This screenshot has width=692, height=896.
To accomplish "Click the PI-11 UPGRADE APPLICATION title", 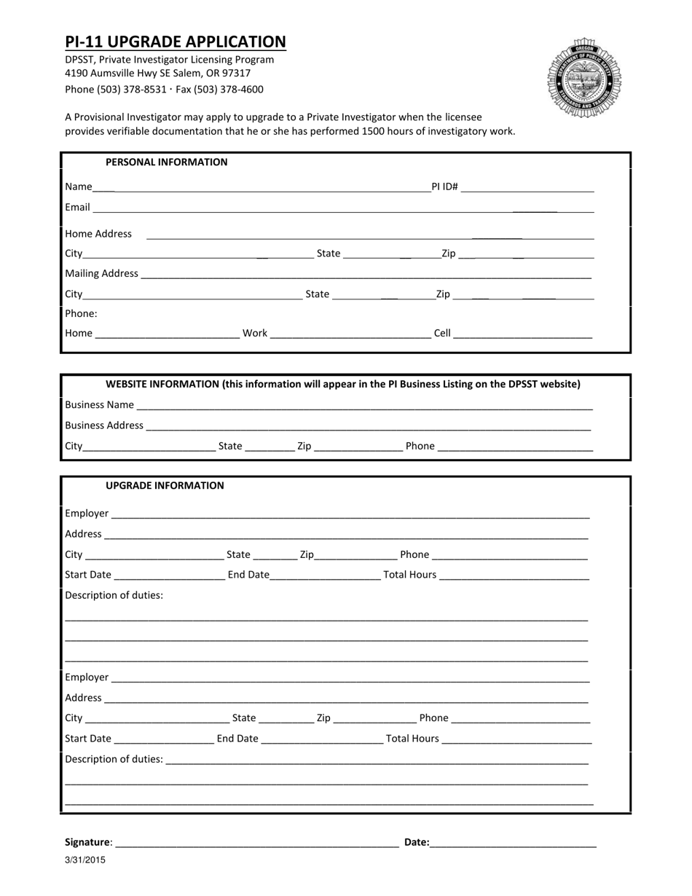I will pyautogui.click(x=176, y=42).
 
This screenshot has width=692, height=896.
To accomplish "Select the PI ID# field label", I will pyautogui.click(x=444, y=186).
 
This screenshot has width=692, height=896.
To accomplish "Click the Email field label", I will pyautogui.click(x=77, y=207).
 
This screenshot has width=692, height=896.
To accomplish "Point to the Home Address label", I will pyautogui.click(x=98, y=234).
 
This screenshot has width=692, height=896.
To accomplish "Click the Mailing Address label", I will pyautogui.click(x=101, y=273).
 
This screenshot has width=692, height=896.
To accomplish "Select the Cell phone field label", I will pyautogui.click(x=442, y=333).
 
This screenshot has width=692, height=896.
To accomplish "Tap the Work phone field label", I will pyautogui.click(x=255, y=333).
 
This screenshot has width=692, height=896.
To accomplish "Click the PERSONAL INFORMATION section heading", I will pyautogui.click(x=166, y=162).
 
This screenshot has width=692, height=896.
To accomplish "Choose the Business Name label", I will pyautogui.click(x=99, y=404).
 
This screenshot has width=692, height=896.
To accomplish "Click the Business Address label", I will pyautogui.click(x=104, y=425).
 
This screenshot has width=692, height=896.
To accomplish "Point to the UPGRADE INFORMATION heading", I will pyautogui.click(x=165, y=485).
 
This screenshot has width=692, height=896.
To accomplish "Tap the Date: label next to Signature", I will pyautogui.click(x=417, y=841).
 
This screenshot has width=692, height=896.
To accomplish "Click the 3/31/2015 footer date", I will pyautogui.click(x=85, y=860).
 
